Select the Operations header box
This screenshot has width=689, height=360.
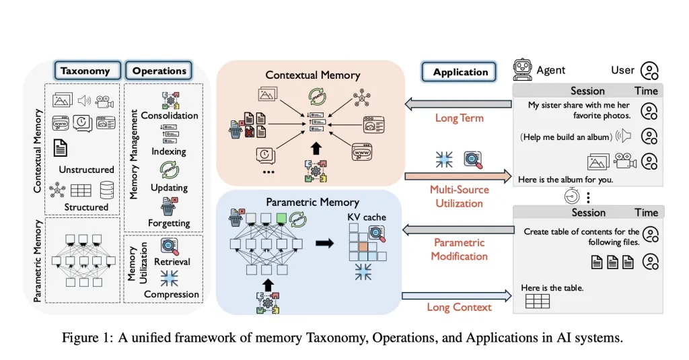[x=159, y=71]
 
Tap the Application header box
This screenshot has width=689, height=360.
[x=460, y=73]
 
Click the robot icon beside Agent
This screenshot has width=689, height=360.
[x=522, y=69]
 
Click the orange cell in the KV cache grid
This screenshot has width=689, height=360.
[x=363, y=246]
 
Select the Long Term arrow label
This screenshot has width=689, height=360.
[x=459, y=118]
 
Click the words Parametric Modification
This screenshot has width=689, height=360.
[x=460, y=249]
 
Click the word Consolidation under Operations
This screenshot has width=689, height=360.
[x=170, y=115]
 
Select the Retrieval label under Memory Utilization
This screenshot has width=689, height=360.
[x=172, y=261]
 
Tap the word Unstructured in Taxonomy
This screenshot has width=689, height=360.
[x=86, y=169]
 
